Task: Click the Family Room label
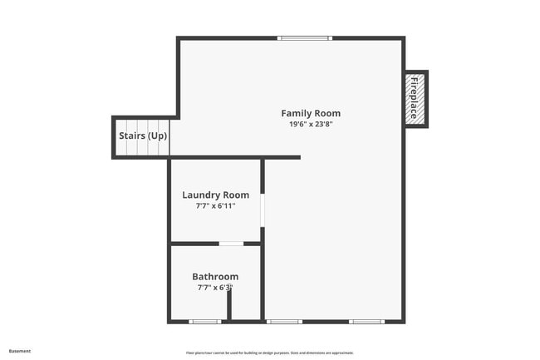[x=310, y=113]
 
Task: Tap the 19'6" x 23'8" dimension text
[x=310, y=124]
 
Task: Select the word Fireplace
[x=412, y=98]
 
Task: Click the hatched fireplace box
[x=415, y=98]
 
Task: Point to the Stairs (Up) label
[x=141, y=136]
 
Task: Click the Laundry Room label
[x=215, y=195]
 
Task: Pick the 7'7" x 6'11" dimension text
[x=215, y=205]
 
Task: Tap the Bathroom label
[x=215, y=277]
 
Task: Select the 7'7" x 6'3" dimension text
[x=214, y=288]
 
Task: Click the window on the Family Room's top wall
[x=305, y=38]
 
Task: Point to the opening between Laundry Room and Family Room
[x=262, y=210]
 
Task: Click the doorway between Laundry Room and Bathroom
[x=230, y=244]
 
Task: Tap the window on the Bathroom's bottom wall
[x=204, y=321]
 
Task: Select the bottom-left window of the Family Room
[x=284, y=321]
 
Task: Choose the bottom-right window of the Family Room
[x=366, y=321]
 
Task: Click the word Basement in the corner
[x=20, y=351]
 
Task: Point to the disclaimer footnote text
[x=269, y=353]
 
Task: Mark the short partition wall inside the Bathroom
[x=229, y=304]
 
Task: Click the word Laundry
[x=202, y=195]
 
